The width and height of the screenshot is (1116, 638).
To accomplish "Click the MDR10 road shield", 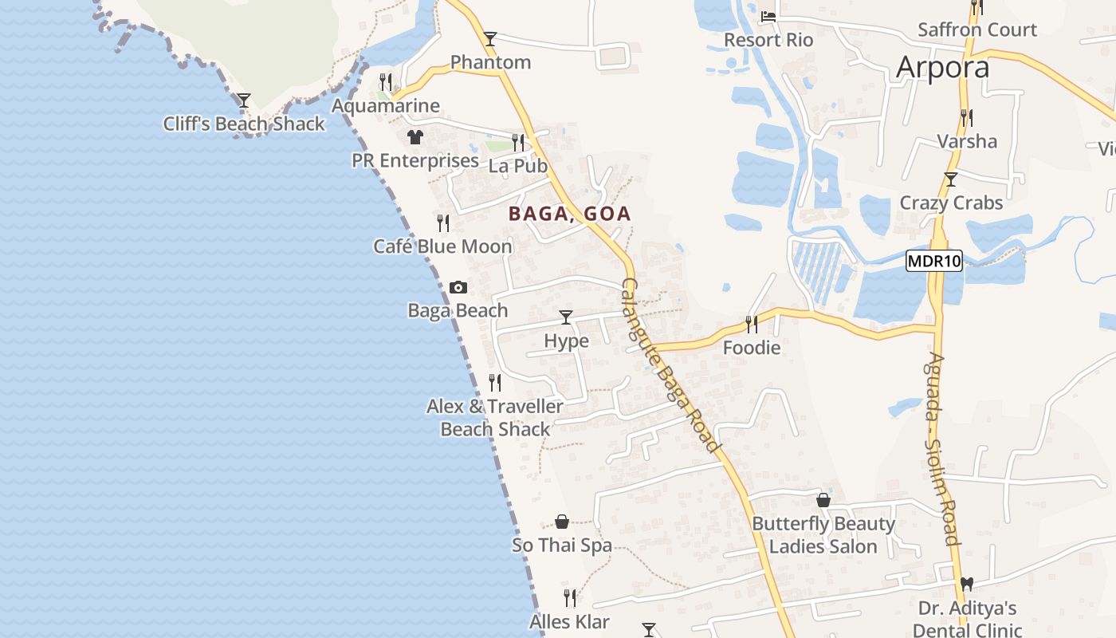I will tap(934, 261).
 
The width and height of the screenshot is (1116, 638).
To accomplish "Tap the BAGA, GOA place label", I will tap(570, 214).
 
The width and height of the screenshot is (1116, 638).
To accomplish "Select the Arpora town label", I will tap(942, 67).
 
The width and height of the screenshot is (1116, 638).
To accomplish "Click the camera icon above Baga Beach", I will tap(458, 287).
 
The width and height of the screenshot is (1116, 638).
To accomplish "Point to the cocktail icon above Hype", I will tap(566, 317).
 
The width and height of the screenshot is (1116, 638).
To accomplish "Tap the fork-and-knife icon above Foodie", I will tap(752, 324).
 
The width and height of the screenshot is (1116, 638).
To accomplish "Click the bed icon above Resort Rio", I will tap(768, 16).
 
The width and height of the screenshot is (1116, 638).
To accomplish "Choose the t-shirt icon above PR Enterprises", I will tap(415, 137).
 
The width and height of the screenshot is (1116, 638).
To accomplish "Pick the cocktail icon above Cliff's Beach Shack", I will tap(244, 100).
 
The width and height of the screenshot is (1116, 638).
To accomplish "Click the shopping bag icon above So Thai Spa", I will tap(562, 522).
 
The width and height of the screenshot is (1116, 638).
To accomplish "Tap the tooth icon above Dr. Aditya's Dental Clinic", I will tap(967, 585).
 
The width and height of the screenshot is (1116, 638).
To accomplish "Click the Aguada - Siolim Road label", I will tap(942, 448).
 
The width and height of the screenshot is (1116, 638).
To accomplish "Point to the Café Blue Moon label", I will tap(442, 246).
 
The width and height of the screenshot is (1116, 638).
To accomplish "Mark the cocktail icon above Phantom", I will tap(490, 38).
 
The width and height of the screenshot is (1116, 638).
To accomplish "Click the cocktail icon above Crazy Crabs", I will tap(950, 179).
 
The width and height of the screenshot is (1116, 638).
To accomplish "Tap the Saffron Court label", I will tap(977, 30).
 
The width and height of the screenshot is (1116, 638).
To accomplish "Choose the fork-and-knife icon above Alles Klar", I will tap(570, 597).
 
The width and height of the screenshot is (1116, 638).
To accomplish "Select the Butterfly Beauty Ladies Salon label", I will tap(823, 535).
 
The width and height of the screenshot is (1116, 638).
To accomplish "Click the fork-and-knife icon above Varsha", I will tap(966, 118).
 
